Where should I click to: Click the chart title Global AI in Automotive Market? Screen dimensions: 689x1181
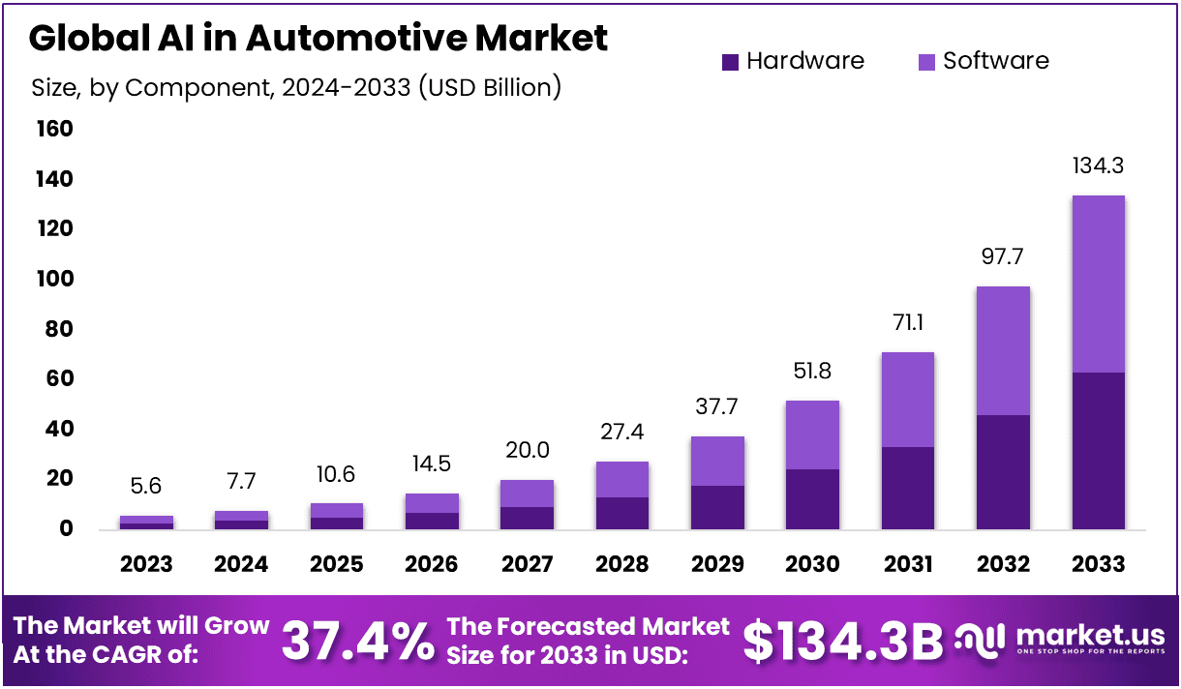click(318, 39)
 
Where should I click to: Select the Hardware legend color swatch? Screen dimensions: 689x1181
click(731, 62)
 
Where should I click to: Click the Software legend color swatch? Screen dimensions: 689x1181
click(926, 62)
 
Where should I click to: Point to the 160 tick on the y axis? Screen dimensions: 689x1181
click(53, 129)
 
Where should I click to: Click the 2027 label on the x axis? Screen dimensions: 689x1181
click(528, 564)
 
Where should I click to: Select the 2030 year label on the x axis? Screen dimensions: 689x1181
click(813, 564)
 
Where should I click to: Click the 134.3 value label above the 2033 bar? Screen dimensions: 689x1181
click(1099, 166)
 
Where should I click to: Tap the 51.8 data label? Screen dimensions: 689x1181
click(813, 372)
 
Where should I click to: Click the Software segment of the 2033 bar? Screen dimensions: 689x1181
click(1099, 284)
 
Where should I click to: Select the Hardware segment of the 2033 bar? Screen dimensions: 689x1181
click(1099, 450)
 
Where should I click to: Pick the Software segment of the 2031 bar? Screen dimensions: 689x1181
click(908, 399)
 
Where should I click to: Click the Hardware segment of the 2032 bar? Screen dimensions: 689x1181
click(1003, 471)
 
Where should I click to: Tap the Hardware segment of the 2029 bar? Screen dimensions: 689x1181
click(717, 507)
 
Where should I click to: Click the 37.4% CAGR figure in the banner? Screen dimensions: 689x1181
click(358, 641)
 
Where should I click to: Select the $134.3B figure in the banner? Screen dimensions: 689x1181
click(842, 641)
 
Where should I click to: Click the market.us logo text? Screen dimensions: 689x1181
click(1089, 636)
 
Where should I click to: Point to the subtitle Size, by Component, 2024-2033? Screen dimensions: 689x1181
click(296, 87)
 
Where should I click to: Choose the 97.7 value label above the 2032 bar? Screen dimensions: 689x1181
click(1003, 257)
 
